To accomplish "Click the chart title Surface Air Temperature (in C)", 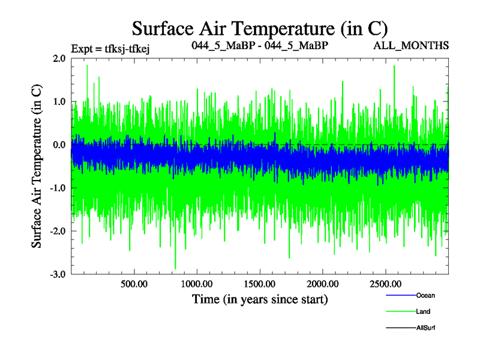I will pos(260,28).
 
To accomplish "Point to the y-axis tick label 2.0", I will pos(59,59).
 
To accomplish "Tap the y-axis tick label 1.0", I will pos(59,102).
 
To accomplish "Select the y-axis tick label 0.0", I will pos(59,145).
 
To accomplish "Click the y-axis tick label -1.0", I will pos(58,188).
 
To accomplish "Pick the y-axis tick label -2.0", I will pos(58,232).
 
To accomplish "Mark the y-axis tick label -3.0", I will pos(58,275).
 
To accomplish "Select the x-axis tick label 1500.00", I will pos(259,284).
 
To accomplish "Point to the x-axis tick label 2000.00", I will pos(322,284).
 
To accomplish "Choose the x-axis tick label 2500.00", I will pos(385,284).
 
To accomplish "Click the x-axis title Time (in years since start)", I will pos(260,298).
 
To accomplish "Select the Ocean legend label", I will pos(425,295).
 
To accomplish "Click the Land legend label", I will pos(423,311).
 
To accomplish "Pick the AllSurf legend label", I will pos(425,328).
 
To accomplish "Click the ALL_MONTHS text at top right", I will pos(419,46).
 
